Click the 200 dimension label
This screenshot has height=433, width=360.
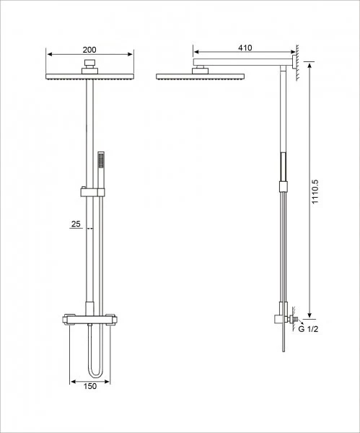click(89, 50)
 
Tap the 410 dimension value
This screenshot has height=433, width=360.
click(245, 48)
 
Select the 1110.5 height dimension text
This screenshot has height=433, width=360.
click(315, 192)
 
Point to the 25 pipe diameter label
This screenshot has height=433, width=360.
click(76, 224)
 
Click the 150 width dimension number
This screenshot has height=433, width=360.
click(90, 386)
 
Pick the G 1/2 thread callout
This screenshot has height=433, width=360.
click(308, 329)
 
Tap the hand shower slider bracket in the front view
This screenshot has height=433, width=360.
click(93, 192)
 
